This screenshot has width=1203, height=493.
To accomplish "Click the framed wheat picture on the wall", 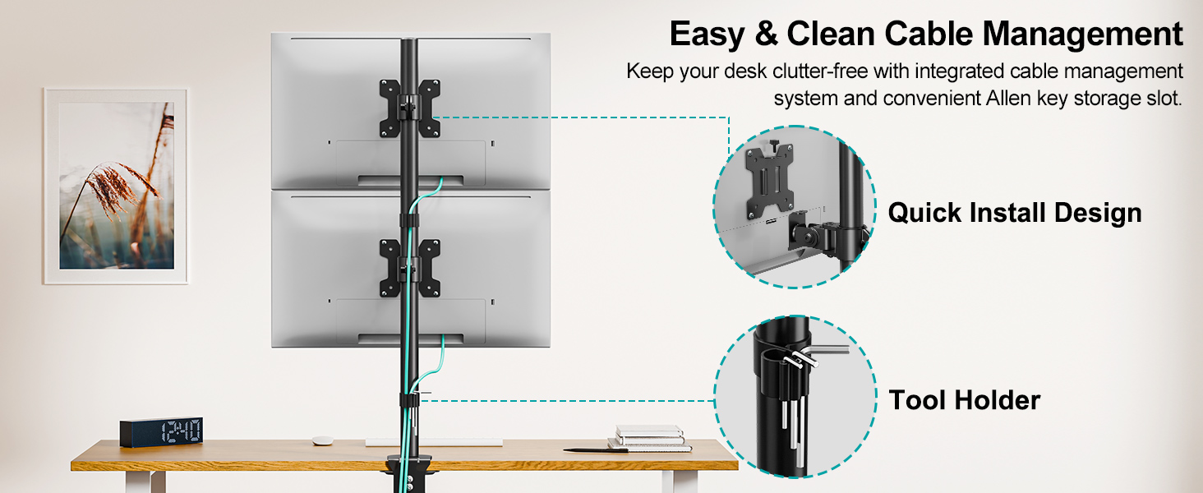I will point(116,186).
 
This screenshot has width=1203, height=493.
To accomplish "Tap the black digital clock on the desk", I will point(161,432).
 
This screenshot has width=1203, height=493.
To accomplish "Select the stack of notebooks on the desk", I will point(649,436).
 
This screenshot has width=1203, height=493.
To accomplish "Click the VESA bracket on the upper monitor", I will point(409,108).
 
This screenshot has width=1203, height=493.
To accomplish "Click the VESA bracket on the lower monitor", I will point(409,268).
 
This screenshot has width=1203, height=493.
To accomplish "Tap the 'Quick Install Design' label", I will point(1015,213).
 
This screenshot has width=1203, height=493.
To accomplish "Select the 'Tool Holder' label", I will point(964,400).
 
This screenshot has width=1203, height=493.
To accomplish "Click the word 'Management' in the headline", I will point(1082,35).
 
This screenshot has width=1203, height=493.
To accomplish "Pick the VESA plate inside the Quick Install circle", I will point(769,181).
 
